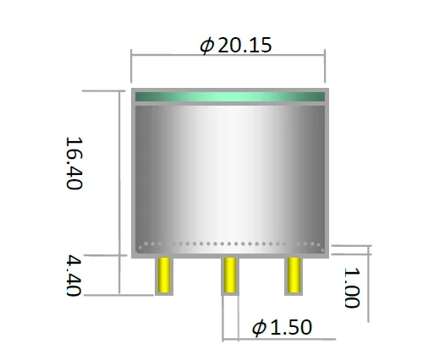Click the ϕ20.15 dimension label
click(x=236, y=45)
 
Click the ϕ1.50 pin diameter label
click(x=283, y=327)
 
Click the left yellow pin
click(x=164, y=275)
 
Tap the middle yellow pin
click(x=229, y=275)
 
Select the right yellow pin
click(x=294, y=275)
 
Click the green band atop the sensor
click(x=228, y=96)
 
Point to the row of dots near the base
click(x=228, y=245)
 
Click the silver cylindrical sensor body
click(x=228, y=169)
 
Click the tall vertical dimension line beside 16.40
click(x=118, y=169)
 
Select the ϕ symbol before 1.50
click(x=260, y=327)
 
